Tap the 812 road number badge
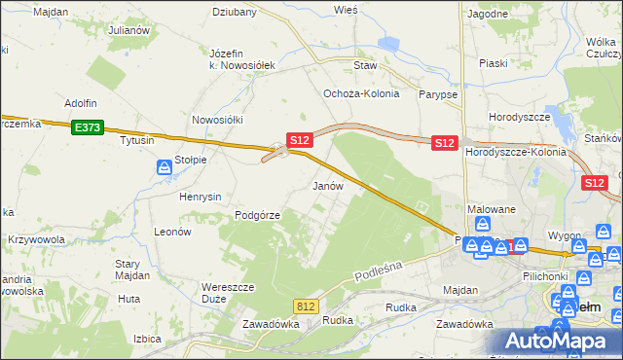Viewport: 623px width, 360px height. [x=306, y=306]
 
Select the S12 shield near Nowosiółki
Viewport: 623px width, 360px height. [x=299, y=140]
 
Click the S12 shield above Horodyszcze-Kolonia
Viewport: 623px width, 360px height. [x=445, y=142]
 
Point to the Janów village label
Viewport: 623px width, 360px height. [x=326, y=185]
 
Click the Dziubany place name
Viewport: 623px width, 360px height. [x=235, y=13]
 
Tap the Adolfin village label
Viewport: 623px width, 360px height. [x=83, y=102]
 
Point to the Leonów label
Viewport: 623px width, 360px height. [x=171, y=233]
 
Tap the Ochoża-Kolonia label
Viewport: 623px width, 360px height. [x=356, y=93]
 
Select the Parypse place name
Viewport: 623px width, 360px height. [x=436, y=94]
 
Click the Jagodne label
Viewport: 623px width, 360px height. [x=487, y=14]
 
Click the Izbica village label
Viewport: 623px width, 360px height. [x=147, y=339]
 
